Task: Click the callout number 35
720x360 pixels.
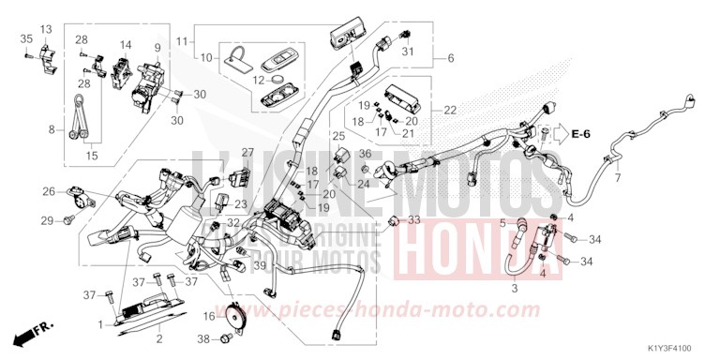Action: [x=25, y=37]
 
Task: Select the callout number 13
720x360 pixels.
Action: [x=45, y=30]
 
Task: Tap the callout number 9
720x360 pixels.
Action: [x=157, y=47]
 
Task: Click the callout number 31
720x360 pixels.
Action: [x=407, y=52]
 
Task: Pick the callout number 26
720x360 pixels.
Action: [x=48, y=192]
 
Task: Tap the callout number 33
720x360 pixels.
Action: [x=413, y=219]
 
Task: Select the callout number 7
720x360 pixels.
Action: [x=617, y=177]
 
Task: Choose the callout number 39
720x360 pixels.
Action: [x=260, y=267]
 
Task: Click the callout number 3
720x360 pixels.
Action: [x=513, y=290]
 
